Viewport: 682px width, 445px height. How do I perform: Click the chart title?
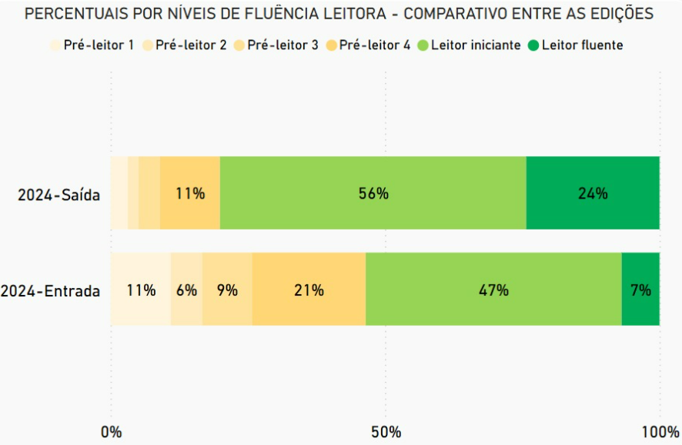tap(339, 14)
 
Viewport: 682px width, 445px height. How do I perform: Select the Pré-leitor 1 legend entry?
tap(92, 45)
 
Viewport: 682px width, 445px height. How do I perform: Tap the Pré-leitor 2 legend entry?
tap(184, 45)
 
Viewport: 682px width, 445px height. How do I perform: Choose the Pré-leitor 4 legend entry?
tap(368, 45)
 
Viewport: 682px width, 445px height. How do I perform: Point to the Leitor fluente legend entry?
tap(575, 45)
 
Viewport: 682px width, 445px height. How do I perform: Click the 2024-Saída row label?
tap(59, 194)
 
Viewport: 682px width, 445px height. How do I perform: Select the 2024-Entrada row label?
tap(51, 291)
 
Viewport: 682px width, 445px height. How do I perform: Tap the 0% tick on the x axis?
tap(112, 431)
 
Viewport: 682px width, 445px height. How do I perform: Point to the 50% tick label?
tap(386, 431)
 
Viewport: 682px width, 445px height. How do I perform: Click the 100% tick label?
tap(659, 431)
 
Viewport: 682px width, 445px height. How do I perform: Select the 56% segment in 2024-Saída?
tap(373, 193)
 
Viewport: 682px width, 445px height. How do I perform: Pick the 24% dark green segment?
tap(593, 193)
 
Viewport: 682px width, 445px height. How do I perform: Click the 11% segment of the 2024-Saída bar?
tap(190, 193)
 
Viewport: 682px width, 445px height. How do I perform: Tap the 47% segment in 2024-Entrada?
tap(493, 289)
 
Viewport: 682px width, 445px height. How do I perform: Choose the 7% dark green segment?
tap(640, 289)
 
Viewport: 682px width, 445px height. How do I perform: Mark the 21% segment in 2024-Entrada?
tap(309, 289)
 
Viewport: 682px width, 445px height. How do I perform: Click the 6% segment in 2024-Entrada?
tap(186, 289)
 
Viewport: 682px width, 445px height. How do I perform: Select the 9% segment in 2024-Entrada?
tap(227, 289)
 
